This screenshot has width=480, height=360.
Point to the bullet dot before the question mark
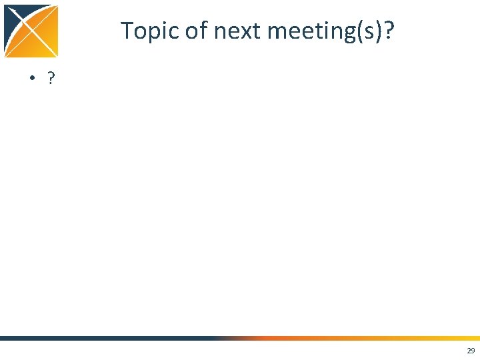31,79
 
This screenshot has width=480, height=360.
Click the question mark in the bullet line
51,79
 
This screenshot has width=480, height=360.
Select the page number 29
471,351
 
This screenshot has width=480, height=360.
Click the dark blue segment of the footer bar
100,338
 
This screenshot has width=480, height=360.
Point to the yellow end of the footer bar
467,338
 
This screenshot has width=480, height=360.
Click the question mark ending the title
389,30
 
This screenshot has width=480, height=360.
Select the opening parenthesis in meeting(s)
359,31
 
